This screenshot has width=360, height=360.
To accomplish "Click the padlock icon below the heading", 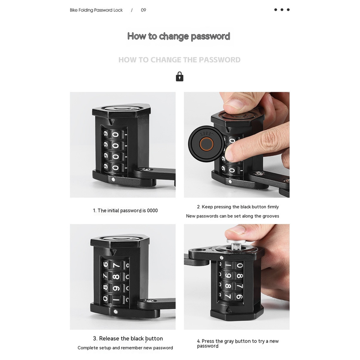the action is tap(180, 76).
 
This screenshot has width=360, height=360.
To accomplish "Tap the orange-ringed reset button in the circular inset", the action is tap(207, 144).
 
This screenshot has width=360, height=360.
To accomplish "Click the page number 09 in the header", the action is tap(144, 10).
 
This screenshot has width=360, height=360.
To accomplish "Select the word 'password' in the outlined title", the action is tap(211, 36).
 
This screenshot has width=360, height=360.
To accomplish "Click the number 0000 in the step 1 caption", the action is tap(153, 211).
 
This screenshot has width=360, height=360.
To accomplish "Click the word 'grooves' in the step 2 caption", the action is tap(272, 216).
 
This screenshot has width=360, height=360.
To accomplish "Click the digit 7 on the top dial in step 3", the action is tap(116, 265).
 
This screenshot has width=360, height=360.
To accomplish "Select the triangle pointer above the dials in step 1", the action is tap(111, 121).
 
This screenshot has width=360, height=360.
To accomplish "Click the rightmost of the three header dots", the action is tap(288, 9).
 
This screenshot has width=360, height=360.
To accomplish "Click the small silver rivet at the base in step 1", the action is tap(113, 180).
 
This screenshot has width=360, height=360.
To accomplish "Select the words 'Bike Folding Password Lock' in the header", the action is tap(96, 10).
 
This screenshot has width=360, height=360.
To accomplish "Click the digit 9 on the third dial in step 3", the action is tap(117, 288).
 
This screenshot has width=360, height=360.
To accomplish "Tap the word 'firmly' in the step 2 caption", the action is tap(273, 207).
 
